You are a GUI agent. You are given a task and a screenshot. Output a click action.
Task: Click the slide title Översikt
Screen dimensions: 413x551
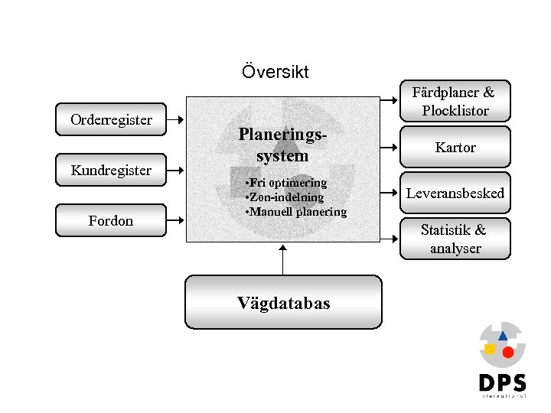pos(275,73)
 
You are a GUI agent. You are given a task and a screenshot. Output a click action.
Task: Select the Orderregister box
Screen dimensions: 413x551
pos(112,119)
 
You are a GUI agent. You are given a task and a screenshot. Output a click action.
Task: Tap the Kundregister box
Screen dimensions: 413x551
pos(112,170)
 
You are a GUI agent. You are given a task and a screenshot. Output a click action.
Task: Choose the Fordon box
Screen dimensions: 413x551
pos(112,220)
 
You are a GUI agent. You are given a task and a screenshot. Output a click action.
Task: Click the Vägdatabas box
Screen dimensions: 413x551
pos(283,303)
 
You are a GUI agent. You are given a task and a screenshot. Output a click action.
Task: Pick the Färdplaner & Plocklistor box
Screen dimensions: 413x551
pos(455,102)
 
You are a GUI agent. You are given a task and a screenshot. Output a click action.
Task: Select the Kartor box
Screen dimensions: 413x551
pos(455,148)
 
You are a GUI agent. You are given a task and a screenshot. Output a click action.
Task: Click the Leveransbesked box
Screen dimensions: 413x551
pos(455,193)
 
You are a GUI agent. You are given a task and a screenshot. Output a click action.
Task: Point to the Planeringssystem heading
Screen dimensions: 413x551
pos(283,145)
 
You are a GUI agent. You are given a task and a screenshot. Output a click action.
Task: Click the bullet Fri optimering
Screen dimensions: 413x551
pos(285,183)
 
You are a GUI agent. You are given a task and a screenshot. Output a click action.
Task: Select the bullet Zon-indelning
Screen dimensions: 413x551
pos(282,197)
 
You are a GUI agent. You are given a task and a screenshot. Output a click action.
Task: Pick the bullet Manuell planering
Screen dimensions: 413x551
pos(294,212)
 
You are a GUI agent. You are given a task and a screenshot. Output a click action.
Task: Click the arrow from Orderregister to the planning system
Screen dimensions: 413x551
pos(176,119)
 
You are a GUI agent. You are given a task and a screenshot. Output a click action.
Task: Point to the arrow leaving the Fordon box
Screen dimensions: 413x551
pos(176,220)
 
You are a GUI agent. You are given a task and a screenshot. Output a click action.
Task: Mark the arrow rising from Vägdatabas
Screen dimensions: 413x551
pos(283,260)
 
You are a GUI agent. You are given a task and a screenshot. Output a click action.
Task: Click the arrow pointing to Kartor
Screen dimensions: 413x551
pos(391,148)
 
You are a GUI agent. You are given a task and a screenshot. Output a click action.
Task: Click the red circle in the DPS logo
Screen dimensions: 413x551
pos(507,352)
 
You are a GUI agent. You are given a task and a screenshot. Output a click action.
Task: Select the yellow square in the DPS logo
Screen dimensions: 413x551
pos(490,349)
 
